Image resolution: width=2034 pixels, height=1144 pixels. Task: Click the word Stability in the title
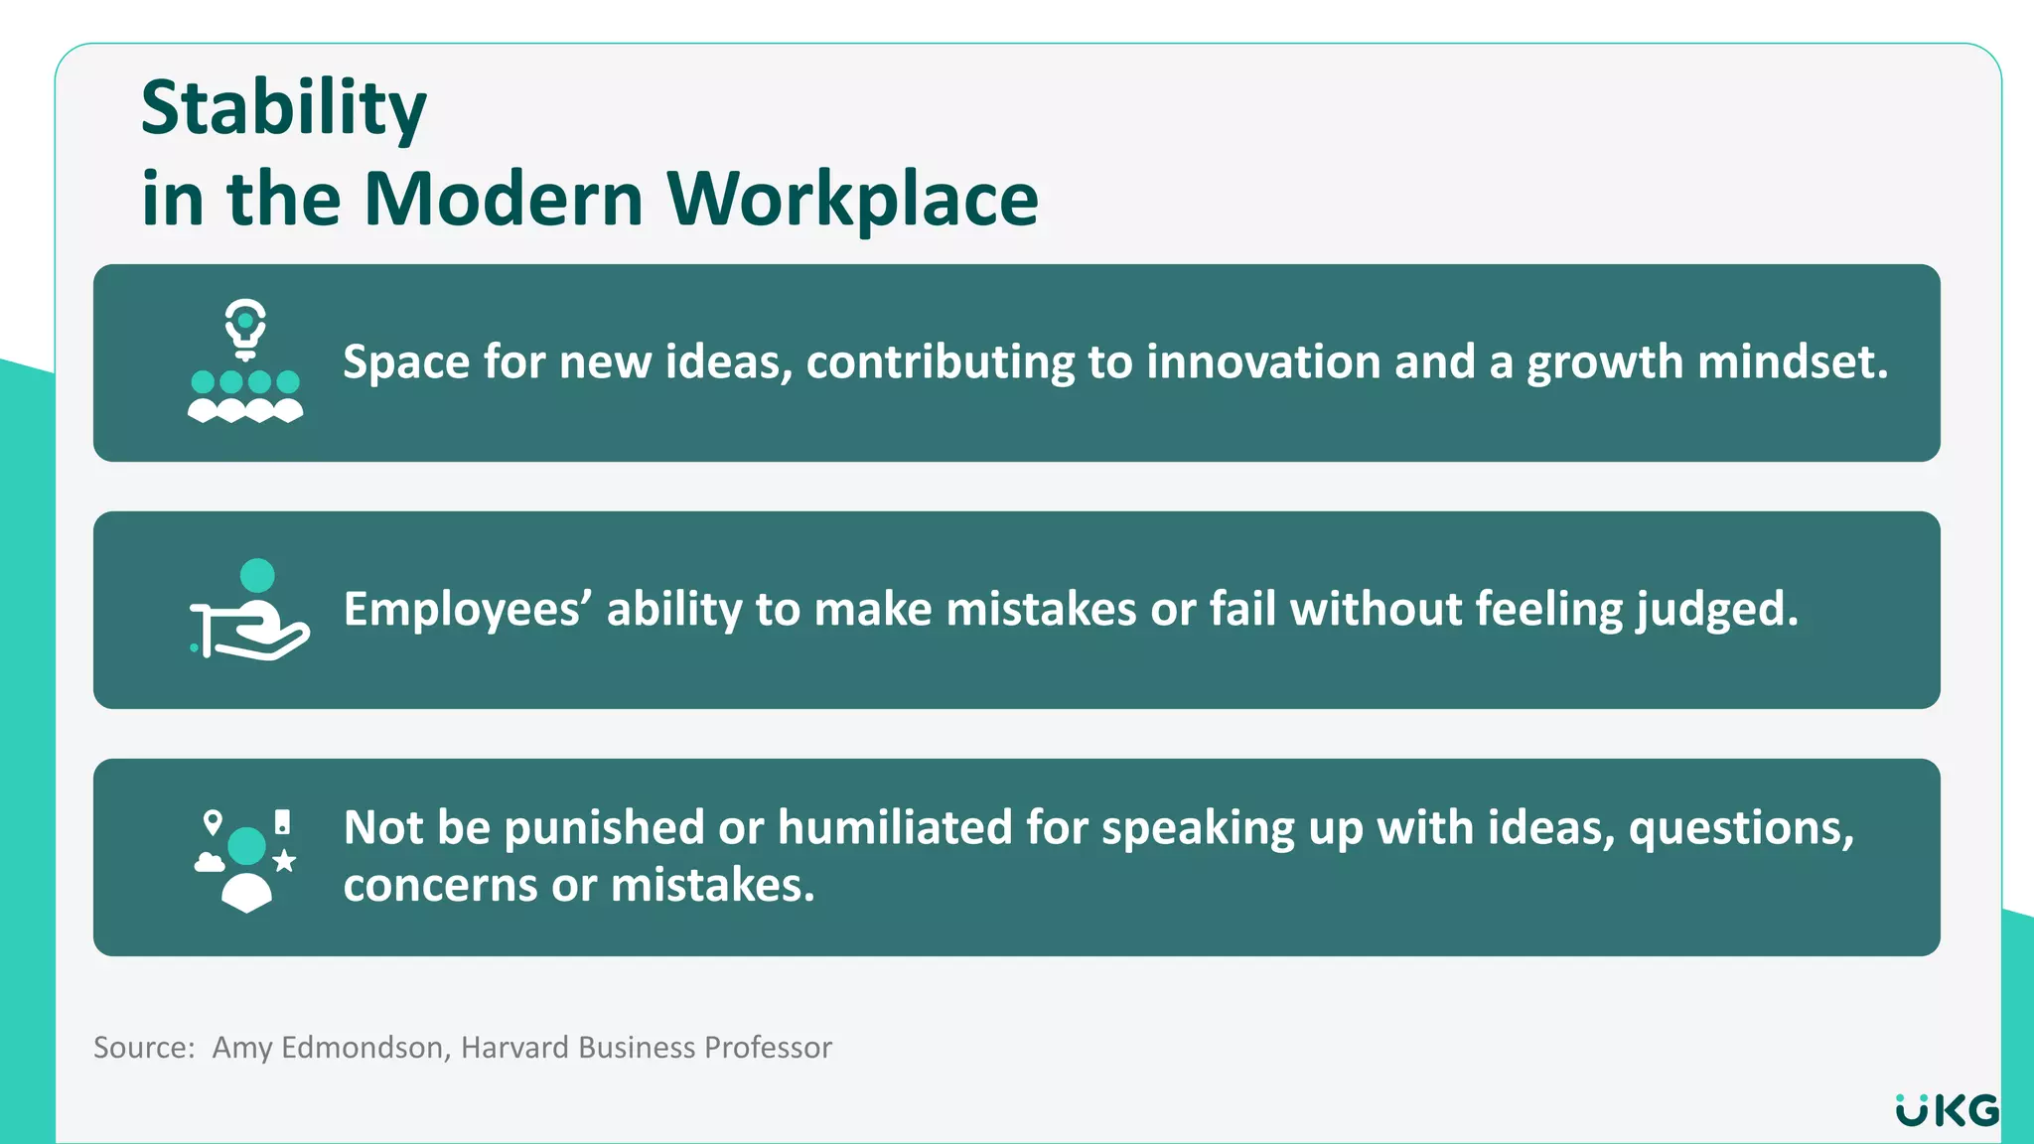click(283, 109)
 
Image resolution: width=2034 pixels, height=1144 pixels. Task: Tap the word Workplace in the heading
click(852, 200)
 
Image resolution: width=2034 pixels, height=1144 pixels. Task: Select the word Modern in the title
click(504, 200)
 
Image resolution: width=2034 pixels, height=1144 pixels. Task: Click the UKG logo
click(1947, 1110)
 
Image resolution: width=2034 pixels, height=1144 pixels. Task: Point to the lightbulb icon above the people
click(245, 327)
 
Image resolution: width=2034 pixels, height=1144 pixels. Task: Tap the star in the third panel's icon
click(284, 860)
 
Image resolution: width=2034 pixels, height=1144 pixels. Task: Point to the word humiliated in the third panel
click(894, 827)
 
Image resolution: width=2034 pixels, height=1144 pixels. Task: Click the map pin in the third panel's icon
click(213, 822)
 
